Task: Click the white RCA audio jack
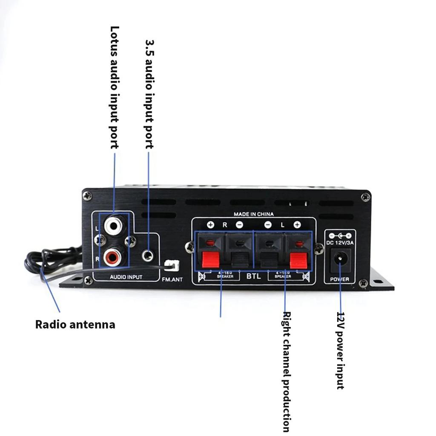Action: click(x=115, y=225)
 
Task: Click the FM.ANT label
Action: click(x=172, y=280)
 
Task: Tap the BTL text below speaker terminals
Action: click(x=253, y=276)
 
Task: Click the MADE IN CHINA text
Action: click(x=253, y=214)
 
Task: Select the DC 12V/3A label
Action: click(x=340, y=242)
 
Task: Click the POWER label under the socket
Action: click(x=340, y=279)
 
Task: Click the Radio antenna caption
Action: click(x=75, y=324)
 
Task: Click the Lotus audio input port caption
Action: click(x=114, y=87)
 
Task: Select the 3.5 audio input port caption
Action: click(x=149, y=94)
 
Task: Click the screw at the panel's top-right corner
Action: click(x=365, y=197)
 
